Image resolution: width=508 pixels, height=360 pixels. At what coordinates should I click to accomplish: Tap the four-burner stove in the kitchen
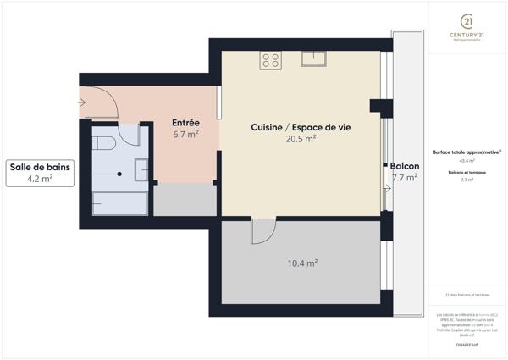pos(271,59)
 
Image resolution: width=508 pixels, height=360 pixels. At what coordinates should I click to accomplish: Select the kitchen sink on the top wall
pos(313,58)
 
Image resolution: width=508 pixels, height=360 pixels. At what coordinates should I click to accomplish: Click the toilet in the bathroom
pos(105,141)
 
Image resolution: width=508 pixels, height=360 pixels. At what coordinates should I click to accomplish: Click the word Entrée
pos(185,122)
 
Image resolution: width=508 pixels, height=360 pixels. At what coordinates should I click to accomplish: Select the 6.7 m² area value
pos(185,134)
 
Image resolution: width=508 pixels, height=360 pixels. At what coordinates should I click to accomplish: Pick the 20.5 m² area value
pos(301,138)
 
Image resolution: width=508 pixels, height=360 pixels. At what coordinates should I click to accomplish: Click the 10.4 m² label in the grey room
pos(302,263)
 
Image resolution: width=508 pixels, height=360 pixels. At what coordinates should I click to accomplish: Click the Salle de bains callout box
pos(41,173)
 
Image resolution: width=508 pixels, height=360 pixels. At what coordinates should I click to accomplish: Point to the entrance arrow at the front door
pos(81,102)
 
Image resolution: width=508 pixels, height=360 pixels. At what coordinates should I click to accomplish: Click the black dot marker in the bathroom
pos(119,174)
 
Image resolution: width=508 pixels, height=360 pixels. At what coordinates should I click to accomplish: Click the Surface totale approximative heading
pos(466,152)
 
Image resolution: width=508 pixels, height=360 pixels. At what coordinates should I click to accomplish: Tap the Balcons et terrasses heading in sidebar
pos(467,172)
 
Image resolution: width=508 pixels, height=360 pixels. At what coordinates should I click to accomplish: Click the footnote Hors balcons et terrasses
pos(467,294)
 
